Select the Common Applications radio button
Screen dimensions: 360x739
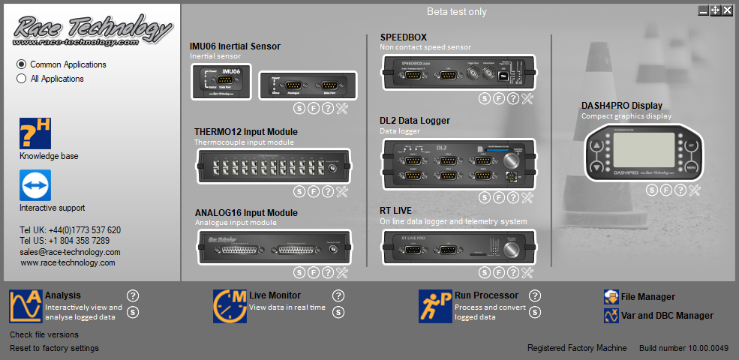(22, 64)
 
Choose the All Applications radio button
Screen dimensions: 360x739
(22, 79)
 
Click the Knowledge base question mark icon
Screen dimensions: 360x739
(35, 133)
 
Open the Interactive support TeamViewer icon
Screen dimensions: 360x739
(35, 185)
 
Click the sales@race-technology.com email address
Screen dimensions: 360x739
(70, 252)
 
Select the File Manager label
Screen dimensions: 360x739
(647, 297)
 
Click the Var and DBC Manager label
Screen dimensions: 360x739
(667, 316)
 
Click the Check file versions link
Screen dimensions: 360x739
(44, 334)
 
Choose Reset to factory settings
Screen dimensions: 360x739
(54, 348)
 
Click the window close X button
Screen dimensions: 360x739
(727, 10)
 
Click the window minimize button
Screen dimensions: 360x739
(703, 10)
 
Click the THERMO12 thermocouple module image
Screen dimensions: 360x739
(273, 167)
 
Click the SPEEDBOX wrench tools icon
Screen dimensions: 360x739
(527, 98)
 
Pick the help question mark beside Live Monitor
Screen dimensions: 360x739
(338, 295)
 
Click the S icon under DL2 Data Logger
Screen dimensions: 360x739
(485, 197)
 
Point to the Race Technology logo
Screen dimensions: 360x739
(92, 30)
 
